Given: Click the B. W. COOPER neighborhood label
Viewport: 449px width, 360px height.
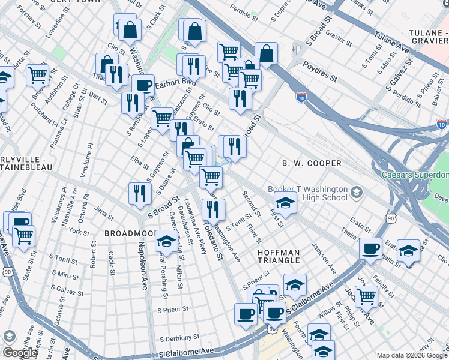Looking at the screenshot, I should pos(312,163).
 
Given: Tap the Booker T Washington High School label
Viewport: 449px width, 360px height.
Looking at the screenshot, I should pos(307,193).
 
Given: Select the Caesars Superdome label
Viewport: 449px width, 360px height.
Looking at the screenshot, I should pos(415,176).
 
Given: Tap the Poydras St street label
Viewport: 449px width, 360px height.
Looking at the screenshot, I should pos(320,71).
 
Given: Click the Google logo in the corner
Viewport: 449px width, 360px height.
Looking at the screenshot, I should pos(20,353).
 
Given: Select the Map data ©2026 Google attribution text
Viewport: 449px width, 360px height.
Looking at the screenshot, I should pos(411,355).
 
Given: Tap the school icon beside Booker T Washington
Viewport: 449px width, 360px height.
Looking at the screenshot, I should pos(285,203).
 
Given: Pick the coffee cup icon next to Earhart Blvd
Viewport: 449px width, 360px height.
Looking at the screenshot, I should pos(143,85).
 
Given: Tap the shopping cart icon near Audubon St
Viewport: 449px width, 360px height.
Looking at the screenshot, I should pos(37,75).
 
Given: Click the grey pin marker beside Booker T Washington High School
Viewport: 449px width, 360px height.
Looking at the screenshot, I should pos(357,193).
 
